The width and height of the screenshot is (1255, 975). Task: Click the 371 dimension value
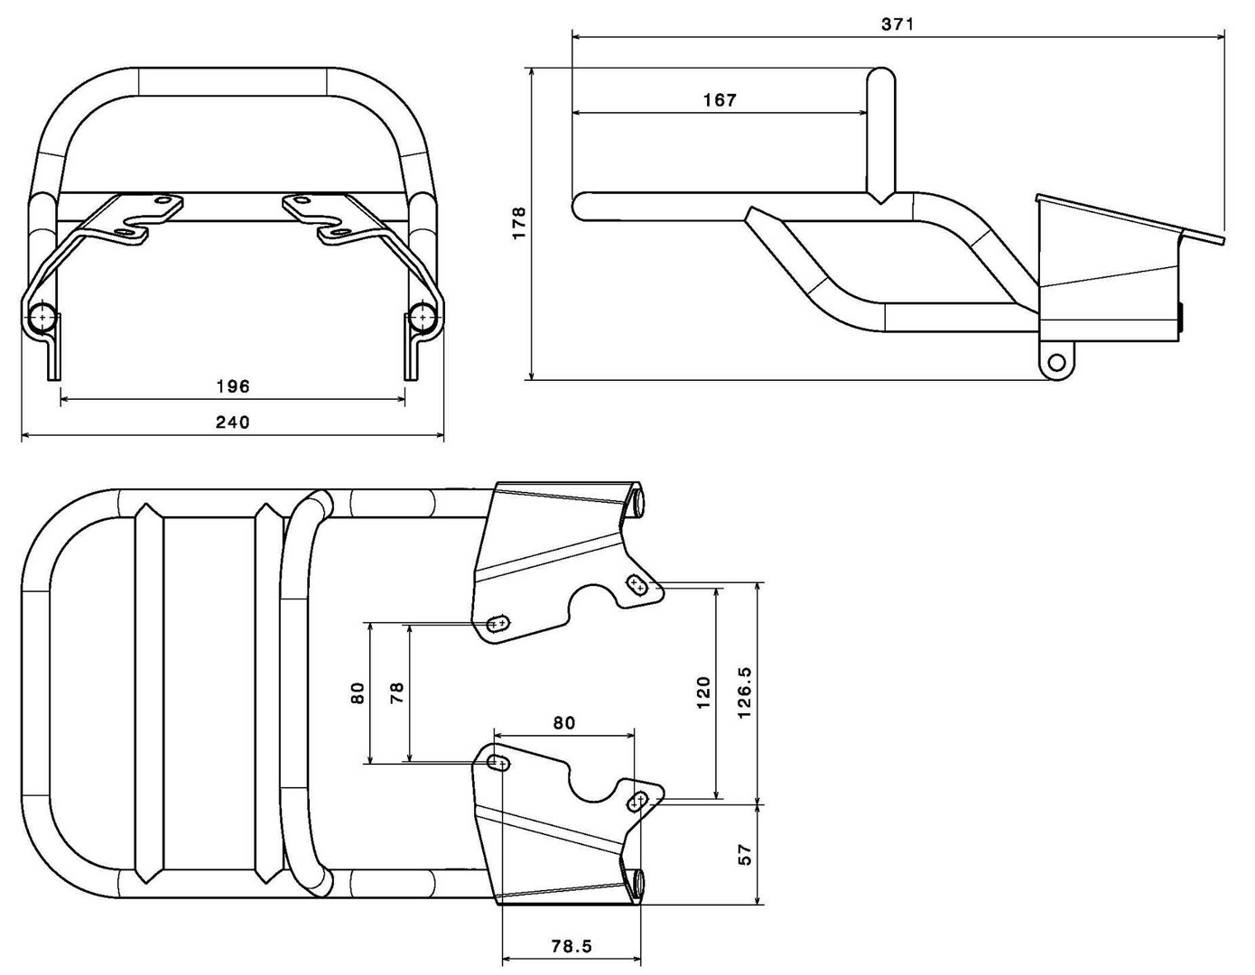(897, 24)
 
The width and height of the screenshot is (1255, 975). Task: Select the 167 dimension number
(720, 100)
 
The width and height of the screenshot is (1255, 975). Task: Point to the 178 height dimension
(518, 223)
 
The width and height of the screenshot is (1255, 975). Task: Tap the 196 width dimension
(233, 386)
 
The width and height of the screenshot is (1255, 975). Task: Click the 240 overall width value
(233, 422)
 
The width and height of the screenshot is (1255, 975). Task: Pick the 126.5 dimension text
(745, 692)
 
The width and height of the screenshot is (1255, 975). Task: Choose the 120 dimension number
(704, 692)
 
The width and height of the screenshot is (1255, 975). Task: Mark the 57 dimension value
(745, 852)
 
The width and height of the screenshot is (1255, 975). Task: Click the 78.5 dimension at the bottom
(572, 946)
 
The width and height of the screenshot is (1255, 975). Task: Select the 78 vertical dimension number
(396, 692)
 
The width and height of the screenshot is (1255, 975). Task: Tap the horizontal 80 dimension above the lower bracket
(563, 722)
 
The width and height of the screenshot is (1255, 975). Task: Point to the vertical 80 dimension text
(358, 692)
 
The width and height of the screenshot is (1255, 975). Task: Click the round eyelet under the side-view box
(1055, 364)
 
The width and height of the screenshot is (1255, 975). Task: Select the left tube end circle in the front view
(42, 318)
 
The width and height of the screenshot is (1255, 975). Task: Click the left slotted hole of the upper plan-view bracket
(497, 623)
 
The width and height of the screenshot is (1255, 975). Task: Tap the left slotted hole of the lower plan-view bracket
(497, 764)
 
